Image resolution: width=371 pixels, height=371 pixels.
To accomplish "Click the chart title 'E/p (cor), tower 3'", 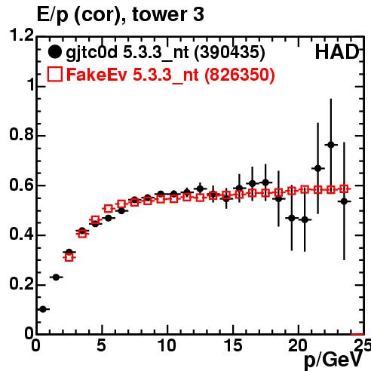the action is click(121, 14).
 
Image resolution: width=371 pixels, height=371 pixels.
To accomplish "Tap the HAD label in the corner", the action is click(337, 52).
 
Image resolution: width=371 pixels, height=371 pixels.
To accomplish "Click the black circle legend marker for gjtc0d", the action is click(54, 52).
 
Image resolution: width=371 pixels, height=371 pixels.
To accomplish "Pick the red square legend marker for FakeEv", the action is click(55, 74).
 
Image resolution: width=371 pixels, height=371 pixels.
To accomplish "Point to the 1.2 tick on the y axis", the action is click(22, 35).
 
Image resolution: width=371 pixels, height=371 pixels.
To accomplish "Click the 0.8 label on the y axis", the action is click(22, 134).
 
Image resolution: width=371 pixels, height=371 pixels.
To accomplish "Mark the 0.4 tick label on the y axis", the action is click(22, 234).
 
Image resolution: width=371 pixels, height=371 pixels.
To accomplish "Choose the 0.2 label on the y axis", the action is click(22, 284).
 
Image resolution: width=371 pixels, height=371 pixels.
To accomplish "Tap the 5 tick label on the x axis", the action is click(101, 345).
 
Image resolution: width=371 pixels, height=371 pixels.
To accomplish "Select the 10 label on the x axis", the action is click(167, 345).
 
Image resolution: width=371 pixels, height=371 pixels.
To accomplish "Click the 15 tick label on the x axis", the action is click(233, 345).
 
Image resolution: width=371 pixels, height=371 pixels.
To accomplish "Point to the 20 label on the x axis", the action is click(298, 345).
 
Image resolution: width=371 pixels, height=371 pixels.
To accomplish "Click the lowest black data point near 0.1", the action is click(43, 309).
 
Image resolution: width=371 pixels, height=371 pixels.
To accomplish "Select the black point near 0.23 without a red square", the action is click(56, 277).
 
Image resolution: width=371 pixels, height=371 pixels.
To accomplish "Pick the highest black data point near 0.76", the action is click(331, 145).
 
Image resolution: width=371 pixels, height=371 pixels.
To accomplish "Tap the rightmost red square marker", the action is click(344, 189).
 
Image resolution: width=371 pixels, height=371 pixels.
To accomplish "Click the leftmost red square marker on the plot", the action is click(69, 257).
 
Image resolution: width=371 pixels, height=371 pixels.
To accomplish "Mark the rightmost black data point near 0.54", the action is click(344, 201).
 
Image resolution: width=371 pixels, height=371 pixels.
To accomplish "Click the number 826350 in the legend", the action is click(240, 75).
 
